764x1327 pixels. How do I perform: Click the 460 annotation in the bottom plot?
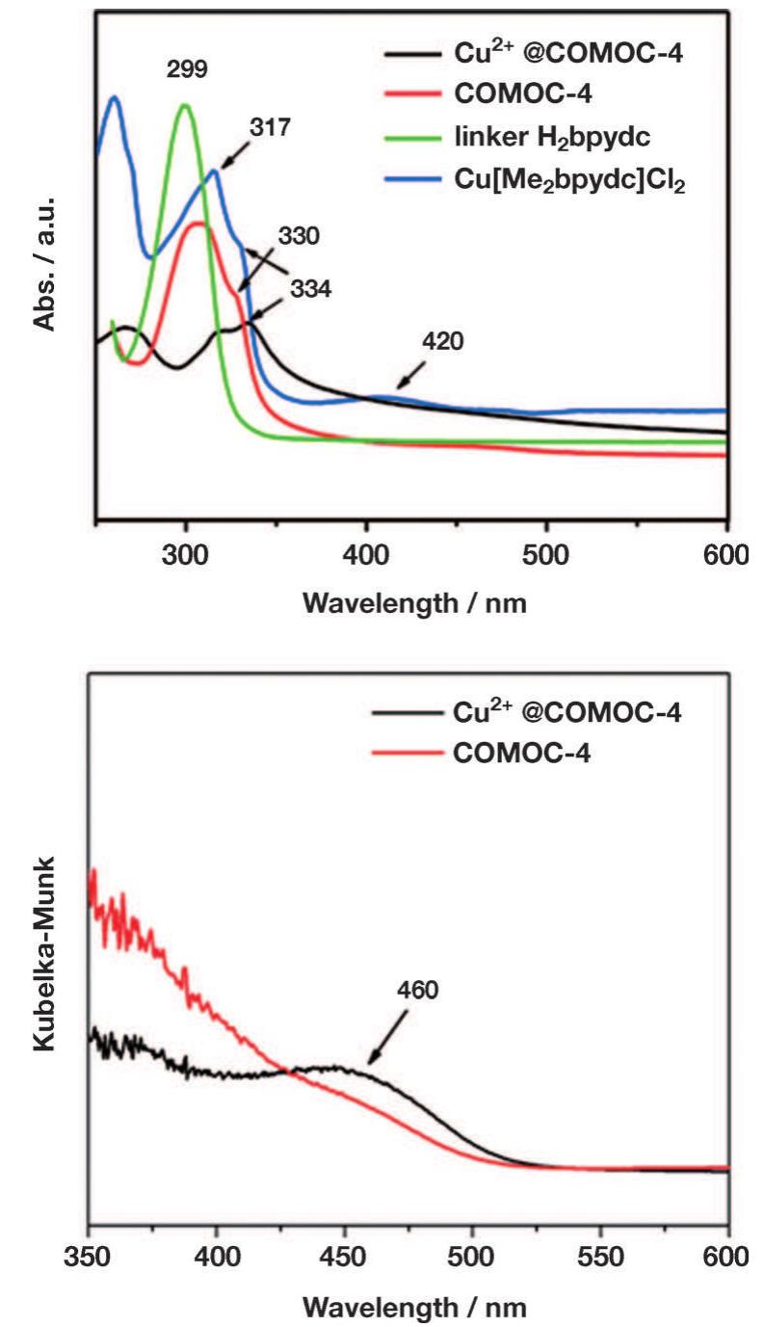point(416,990)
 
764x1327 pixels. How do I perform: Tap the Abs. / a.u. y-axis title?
point(45,265)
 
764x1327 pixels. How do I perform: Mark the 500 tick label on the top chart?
point(546,556)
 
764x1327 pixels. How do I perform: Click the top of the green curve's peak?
point(185,104)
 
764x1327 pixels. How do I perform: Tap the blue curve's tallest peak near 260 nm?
point(115,96)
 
